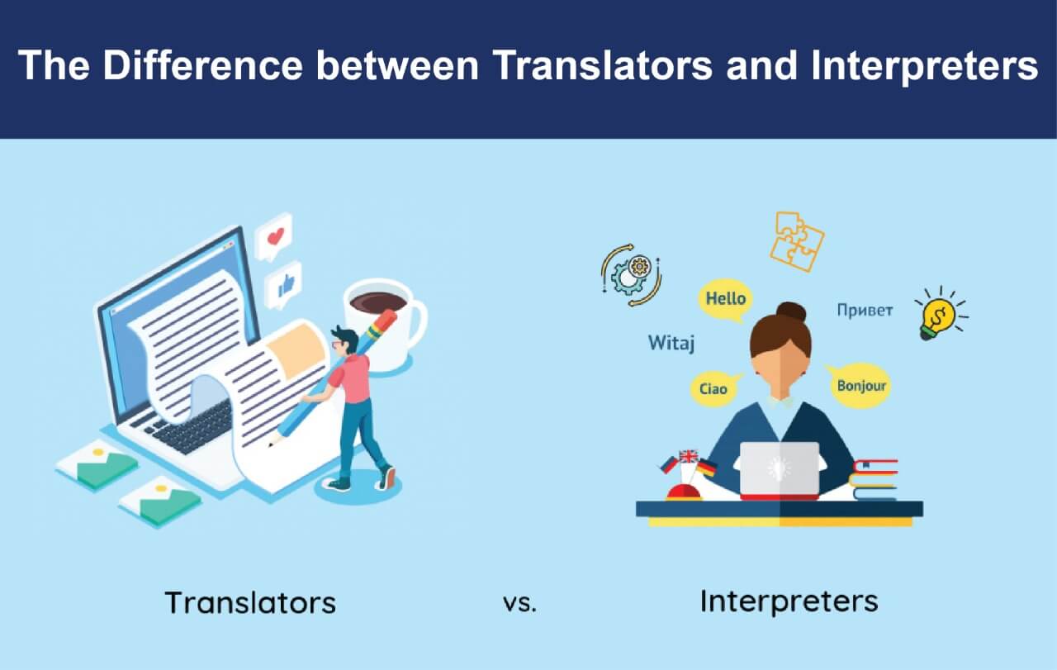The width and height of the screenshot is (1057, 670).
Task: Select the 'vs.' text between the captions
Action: (x=519, y=603)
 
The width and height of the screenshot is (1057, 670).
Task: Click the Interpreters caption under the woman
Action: (x=789, y=602)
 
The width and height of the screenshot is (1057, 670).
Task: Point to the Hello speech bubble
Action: (x=726, y=299)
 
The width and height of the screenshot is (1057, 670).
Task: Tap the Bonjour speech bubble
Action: (x=860, y=386)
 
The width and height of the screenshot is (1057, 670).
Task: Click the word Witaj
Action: (x=671, y=344)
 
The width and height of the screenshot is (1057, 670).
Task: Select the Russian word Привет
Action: (x=865, y=310)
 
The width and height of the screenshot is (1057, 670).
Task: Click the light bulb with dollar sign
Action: (x=939, y=315)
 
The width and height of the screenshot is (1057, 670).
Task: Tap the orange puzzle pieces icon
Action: (x=797, y=241)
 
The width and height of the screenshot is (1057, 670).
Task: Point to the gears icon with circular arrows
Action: (x=632, y=275)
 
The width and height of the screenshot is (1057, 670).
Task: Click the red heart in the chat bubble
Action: (x=276, y=235)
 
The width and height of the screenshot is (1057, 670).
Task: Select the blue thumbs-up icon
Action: (x=286, y=285)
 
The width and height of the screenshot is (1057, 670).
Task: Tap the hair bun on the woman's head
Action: (x=791, y=311)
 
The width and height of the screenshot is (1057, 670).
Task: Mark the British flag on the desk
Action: (x=689, y=456)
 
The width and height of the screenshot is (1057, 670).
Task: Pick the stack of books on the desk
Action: (x=874, y=480)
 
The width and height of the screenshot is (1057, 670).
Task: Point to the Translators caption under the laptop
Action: (x=250, y=603)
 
